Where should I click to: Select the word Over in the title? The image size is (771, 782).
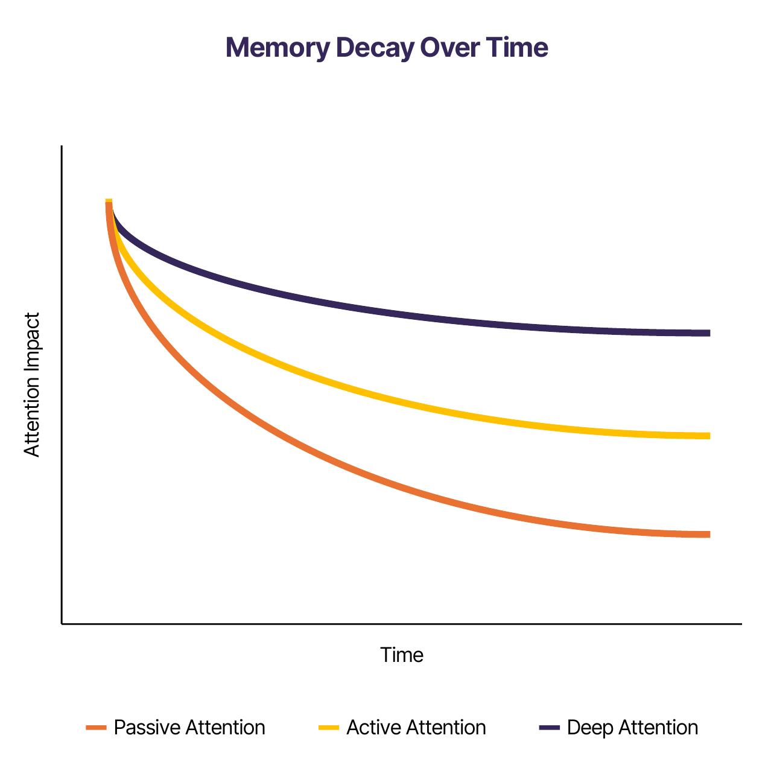pyautogui.click(x=449, y=48)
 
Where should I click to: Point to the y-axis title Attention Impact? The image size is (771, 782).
pyautogui.click(x=31, y=385)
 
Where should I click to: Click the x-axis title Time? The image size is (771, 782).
pyautogui.click(x=402, y=655)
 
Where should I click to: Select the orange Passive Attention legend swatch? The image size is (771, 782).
pyautogui.click(x=96, y=728)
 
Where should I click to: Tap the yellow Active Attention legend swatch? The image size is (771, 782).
pyautogui.click(x=329, y=728)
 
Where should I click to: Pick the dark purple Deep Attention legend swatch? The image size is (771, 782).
pyautogui.click(x=550, y=728)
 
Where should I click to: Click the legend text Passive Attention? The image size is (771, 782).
pyautogui.click(x=189, y=728)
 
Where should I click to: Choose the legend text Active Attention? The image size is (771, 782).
pyautogui.click(x=416, y=728)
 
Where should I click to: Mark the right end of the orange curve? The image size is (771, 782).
pyautogui.click(x=709, y=535)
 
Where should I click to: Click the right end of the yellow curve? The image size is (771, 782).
pyautogui.click(x=709, y=436)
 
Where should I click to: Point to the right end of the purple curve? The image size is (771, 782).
pyautogui.click(x=709, y=333)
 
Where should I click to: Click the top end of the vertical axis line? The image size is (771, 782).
pyautogui.click(x=62, y=145)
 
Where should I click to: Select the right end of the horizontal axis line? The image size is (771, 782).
pyautogui.click(x=741, y=624)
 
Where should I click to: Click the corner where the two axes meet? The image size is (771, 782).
pyautogui.click(x=62, y=624)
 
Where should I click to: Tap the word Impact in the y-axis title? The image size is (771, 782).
pyautogui.click(x=31, y=344)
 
